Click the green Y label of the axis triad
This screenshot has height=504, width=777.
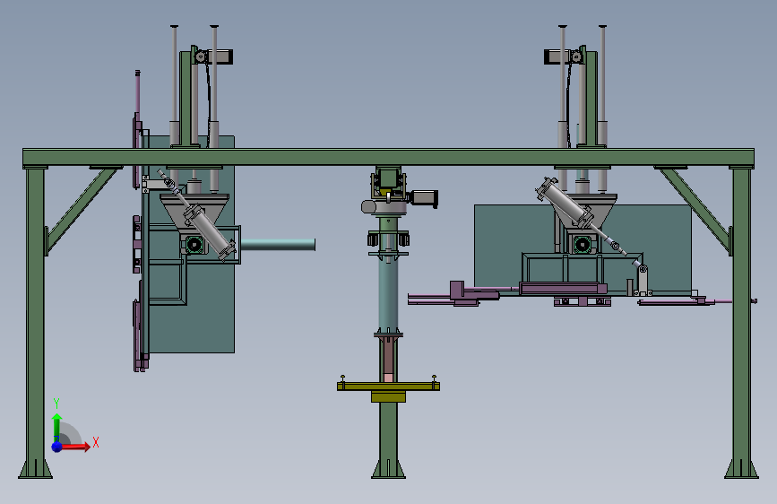pos(56,403)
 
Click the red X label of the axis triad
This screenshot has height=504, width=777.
pos(96,442)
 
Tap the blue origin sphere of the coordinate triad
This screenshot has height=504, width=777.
pos(57,447)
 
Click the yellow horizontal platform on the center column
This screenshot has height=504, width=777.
pos(388,386)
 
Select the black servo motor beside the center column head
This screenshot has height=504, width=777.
pos(424,198)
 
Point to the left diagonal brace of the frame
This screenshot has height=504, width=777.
pos(82,209)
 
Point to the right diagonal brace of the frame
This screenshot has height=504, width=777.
pos(695,209)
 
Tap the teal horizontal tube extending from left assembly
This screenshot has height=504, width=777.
pos(278,245)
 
